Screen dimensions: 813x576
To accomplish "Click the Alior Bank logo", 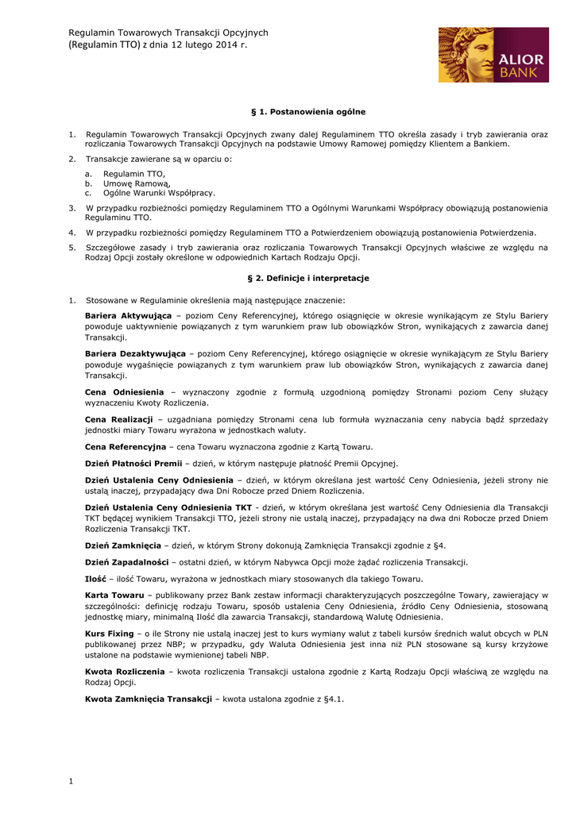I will click(493, 55).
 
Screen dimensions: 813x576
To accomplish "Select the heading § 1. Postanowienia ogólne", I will click(308, 112).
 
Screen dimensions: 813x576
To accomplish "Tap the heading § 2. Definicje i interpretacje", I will click(308, 279).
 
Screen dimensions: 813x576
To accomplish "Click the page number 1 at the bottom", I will click(71, 782).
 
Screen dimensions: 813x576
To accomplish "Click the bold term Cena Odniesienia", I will click(124, 392).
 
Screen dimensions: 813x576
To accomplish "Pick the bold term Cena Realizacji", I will click(118, 418).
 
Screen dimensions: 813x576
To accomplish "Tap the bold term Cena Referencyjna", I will click(126, 446).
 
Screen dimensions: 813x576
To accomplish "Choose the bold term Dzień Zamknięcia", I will click(123, 545).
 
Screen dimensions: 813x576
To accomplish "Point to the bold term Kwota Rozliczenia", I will click(125, 672).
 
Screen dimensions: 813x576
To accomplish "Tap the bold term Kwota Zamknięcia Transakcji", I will click(149, 699).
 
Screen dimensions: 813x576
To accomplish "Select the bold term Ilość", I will click(95, 579).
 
